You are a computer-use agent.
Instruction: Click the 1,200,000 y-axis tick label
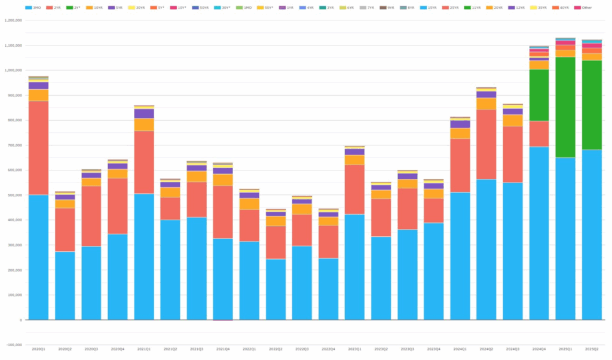13,20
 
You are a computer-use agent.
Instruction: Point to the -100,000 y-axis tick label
13,345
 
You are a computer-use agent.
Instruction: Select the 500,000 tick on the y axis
14,196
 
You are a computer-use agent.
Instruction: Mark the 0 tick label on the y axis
21,320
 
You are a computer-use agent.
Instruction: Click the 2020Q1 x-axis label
38,349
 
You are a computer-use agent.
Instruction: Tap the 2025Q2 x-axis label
592,349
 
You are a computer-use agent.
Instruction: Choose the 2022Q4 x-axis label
328,349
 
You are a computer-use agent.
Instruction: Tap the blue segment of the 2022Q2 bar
276,289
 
